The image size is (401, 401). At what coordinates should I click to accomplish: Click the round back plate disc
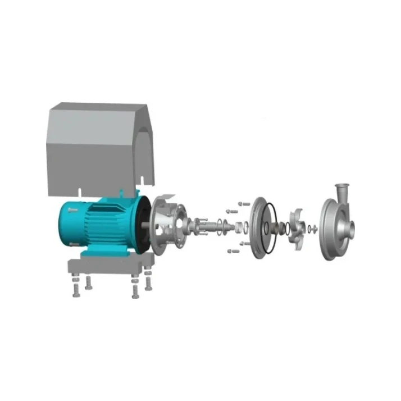point(256,228)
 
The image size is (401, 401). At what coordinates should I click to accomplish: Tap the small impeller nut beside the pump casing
point(313,229)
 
